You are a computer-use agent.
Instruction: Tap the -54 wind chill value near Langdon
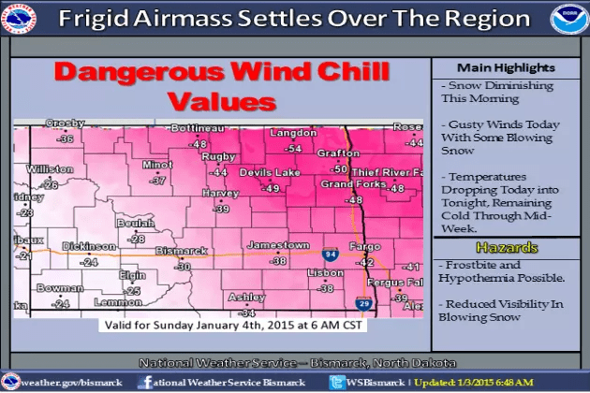pos(294,148)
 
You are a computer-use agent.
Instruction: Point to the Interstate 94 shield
pos(331,254)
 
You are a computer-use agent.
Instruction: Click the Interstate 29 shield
pos(363,303)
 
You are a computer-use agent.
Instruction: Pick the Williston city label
pos(50,169)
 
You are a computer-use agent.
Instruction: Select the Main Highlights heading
pos(505,67)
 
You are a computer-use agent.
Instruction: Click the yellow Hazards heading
pos(505,248)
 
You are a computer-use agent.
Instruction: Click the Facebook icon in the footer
pos(145,382)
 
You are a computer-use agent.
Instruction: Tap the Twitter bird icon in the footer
pos(337,382)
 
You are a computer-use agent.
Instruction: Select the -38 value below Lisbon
pos(326,288)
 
